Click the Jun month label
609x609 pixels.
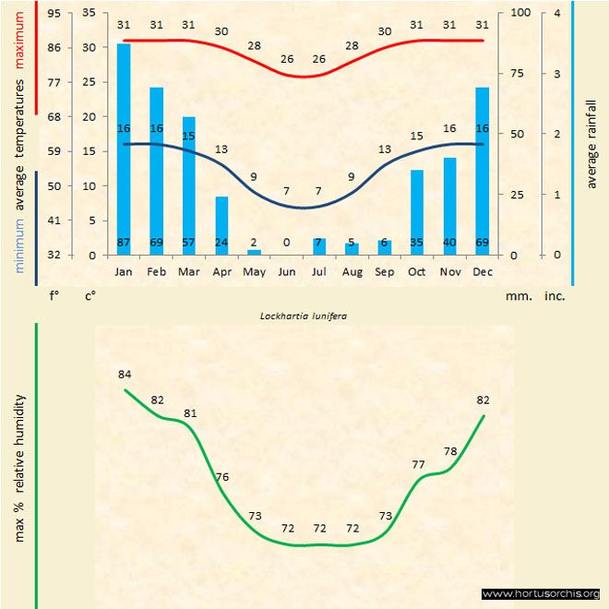click(286, 272)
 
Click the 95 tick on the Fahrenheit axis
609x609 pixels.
click(55, 13)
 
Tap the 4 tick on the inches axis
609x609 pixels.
click(557, 13)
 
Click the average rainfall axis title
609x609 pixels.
click(591, 138)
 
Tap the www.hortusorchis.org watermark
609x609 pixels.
click(541, 593)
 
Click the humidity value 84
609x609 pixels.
click(125, 374)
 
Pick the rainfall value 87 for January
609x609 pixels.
click(124, 243)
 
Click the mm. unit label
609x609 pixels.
click(514, 296)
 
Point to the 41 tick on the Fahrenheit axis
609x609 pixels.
click(55, 221)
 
